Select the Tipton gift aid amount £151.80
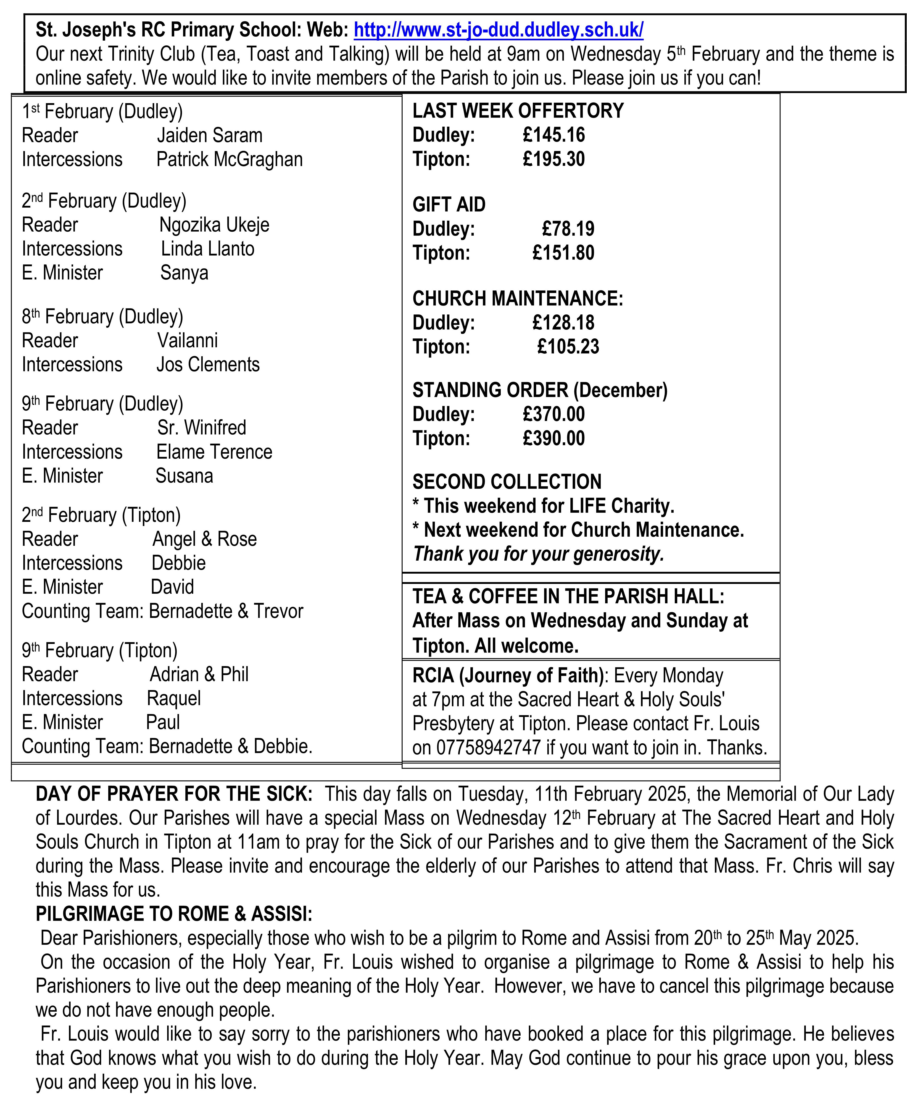tap(563, 253)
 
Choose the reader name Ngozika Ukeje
tap(214, 225)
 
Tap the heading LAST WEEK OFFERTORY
tap(518, 111)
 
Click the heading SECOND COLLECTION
tap(507, 482)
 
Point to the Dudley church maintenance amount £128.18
tap(563, 323)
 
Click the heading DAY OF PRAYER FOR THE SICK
tap(174, 794)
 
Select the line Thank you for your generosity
tap(538, 554)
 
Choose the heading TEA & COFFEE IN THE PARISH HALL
tap(568, 597)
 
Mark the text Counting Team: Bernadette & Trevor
tap(162, 611)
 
